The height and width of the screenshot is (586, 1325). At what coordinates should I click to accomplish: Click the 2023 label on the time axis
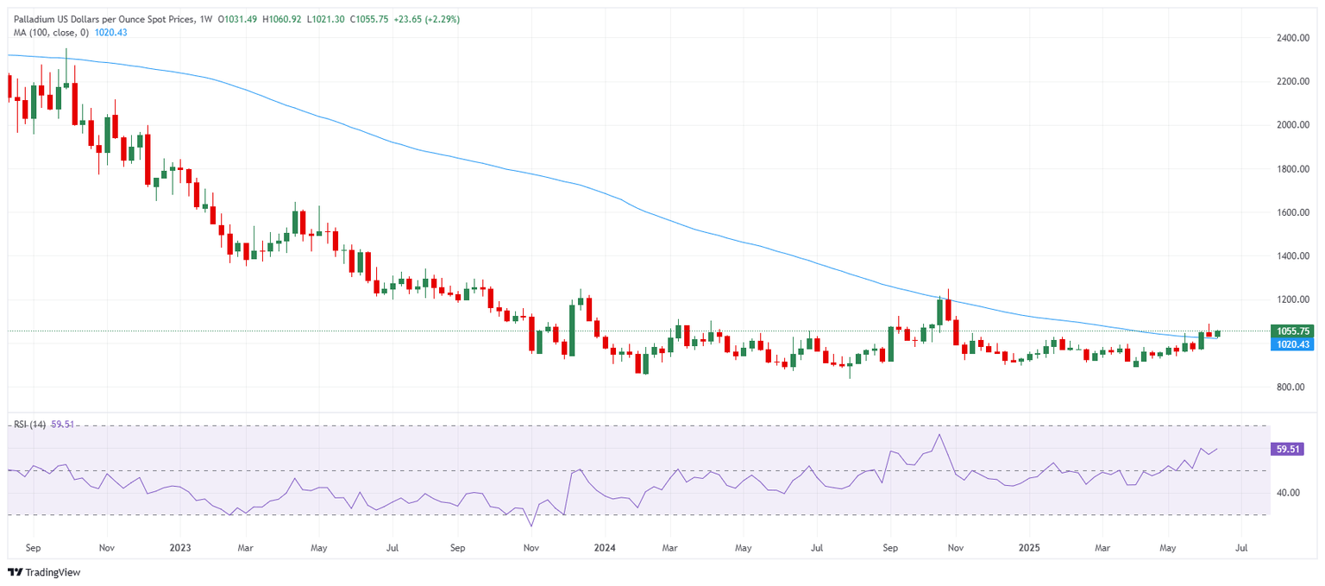pos(179,547)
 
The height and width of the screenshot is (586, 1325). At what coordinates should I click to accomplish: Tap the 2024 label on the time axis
pos(604,547)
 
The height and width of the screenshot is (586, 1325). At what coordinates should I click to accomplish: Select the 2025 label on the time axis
pos(1028,547)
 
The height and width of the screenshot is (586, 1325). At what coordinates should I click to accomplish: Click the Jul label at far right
pos(1240,547)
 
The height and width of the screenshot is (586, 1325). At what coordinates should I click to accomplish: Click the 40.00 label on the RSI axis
pos(1287,493)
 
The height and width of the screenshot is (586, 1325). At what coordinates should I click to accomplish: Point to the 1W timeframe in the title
pos(205,19)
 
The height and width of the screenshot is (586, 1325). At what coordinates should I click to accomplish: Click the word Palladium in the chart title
pos(36,19)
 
